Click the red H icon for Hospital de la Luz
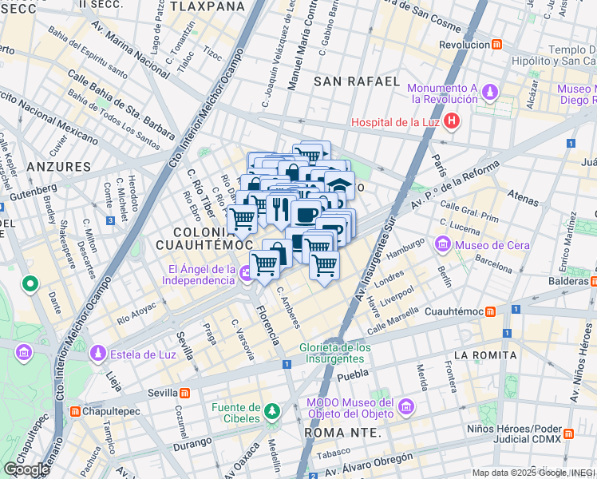point(453,121)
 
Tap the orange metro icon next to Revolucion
point(496,45)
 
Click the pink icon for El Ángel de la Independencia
point(245,274)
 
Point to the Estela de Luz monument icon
point(97,352)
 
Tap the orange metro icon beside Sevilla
point(184,393)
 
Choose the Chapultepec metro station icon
point(75,412)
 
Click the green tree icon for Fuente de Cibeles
point(273,411)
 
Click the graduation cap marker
point(339,184)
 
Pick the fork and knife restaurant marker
point(279,209)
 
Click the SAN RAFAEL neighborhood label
point(356,81)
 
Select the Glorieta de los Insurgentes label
point(335,353)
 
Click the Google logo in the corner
point(26,469)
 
